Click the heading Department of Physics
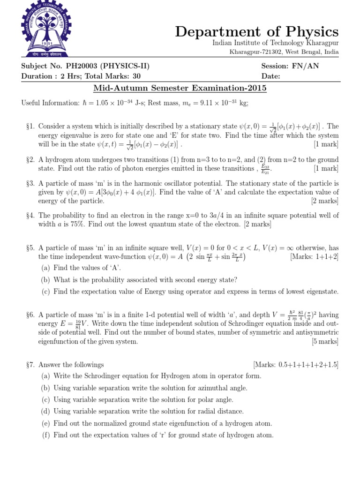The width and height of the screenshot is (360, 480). pyautogui.click(x=256, y=31)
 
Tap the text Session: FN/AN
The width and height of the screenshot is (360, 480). pyautogui.click(x=290, y=66)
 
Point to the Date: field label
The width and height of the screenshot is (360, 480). pyautogui.click(x=271, y=76)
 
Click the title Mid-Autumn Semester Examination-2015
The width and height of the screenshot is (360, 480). pyautogui.click(x=180, y=88)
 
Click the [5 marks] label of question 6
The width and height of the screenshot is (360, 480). pyautogui.click(x=325, y=342)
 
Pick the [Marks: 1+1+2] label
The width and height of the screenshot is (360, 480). pyautogui.click(x=314, y=257)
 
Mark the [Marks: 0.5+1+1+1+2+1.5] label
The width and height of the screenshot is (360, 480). pyautogui.click(x=296, y=365)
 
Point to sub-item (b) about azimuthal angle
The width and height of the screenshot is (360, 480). pyautogui.click(x=144, y=388)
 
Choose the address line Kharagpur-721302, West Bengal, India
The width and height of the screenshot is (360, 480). pyautogui.click(x=284, y=52)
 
